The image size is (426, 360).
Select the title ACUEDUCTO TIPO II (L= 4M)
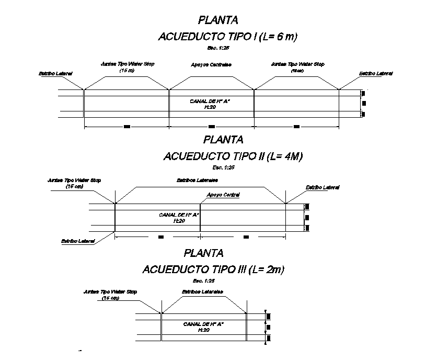point(234,156)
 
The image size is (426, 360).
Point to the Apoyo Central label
point(223,195)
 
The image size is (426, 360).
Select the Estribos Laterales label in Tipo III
point(202,291)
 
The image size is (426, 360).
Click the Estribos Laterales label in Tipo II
point(197,180)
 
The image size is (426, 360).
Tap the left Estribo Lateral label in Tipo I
point(55,74)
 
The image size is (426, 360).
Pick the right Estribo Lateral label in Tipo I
point(376,74)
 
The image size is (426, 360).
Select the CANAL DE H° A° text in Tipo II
point(179,215)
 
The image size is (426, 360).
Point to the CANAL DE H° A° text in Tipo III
point(204,324)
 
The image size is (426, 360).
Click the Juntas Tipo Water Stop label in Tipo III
point(110,292)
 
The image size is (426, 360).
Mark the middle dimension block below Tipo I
point(211,127)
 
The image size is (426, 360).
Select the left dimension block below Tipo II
point(160,237)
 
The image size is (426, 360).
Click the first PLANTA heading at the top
point(218,20)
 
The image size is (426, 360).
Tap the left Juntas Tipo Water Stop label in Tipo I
point(128,64)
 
